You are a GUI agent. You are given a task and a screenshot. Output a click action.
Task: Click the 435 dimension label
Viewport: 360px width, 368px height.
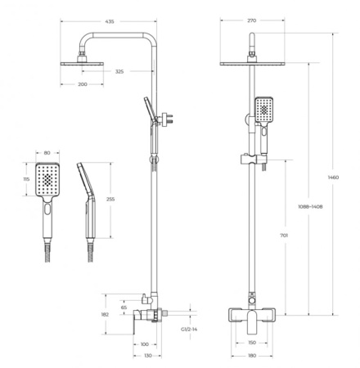pos(110,21)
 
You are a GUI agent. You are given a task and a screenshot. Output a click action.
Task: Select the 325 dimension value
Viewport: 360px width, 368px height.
pos(119,71)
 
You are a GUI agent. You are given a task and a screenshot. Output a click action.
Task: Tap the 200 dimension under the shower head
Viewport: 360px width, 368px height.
pos(83,84)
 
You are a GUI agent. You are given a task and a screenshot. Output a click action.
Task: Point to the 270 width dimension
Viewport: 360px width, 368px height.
pos(252,20)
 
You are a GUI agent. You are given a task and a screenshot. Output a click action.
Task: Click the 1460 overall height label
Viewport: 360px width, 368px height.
pos(333,177)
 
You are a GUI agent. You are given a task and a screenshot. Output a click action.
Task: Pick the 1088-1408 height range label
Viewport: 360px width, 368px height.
pos(310,207)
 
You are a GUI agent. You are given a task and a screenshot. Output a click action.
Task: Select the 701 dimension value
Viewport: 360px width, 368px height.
pos(284,236)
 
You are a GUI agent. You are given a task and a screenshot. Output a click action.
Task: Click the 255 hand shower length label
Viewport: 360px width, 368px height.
pos(110,200)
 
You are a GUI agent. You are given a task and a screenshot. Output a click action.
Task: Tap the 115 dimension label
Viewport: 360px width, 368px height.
pos(26,179)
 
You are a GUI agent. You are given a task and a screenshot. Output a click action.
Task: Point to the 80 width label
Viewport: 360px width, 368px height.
pos(47,153)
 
